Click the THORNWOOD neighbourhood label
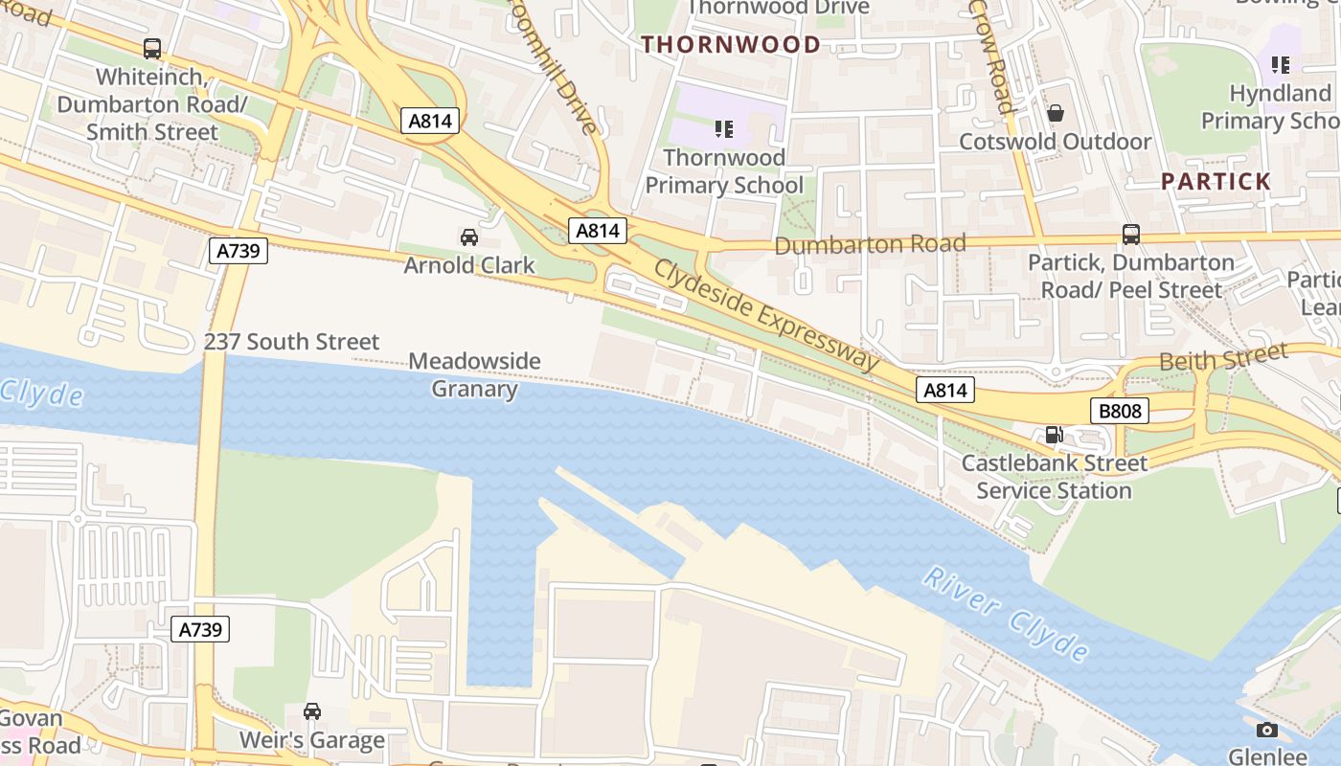pyautogui.click(x=730, y=44)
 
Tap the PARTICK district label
pyautogui.click(x=1216, y=181)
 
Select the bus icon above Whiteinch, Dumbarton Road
pyautogui.click(x=151, y=49)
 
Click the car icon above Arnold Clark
pyautogui.click(x=468, y=237)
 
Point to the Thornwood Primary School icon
pyautogui.click(x=724, y=128)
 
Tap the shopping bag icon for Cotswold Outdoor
pyautogui.click(x=1055, y=113)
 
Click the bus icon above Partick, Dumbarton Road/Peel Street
pyautogui.click(x=1130, y=234)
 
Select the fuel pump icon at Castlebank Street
pyautogui.click(x=1053, y=435)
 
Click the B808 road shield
pyautogui.click(x=1119, y=412)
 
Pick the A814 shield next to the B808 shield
pyautogui.click(x=945, y=390)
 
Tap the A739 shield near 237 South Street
pyautogui.click(x=238, y=252)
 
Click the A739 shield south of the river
pyautogui.click(x=200, y=629)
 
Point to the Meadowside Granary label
pyautogui.click(x=474, y=374)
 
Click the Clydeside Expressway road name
pyautogui.click(x=766, y=314)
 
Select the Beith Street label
pyautogui.click(x=1222, y=359)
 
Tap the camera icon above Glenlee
pyautogui.click(x=1266, y=731)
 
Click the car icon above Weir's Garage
pyautogui.click(x=311, y=711)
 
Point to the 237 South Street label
pyautogui.click(x=291, y=342)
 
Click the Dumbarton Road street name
pyautogui.click(x=869, y=245)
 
